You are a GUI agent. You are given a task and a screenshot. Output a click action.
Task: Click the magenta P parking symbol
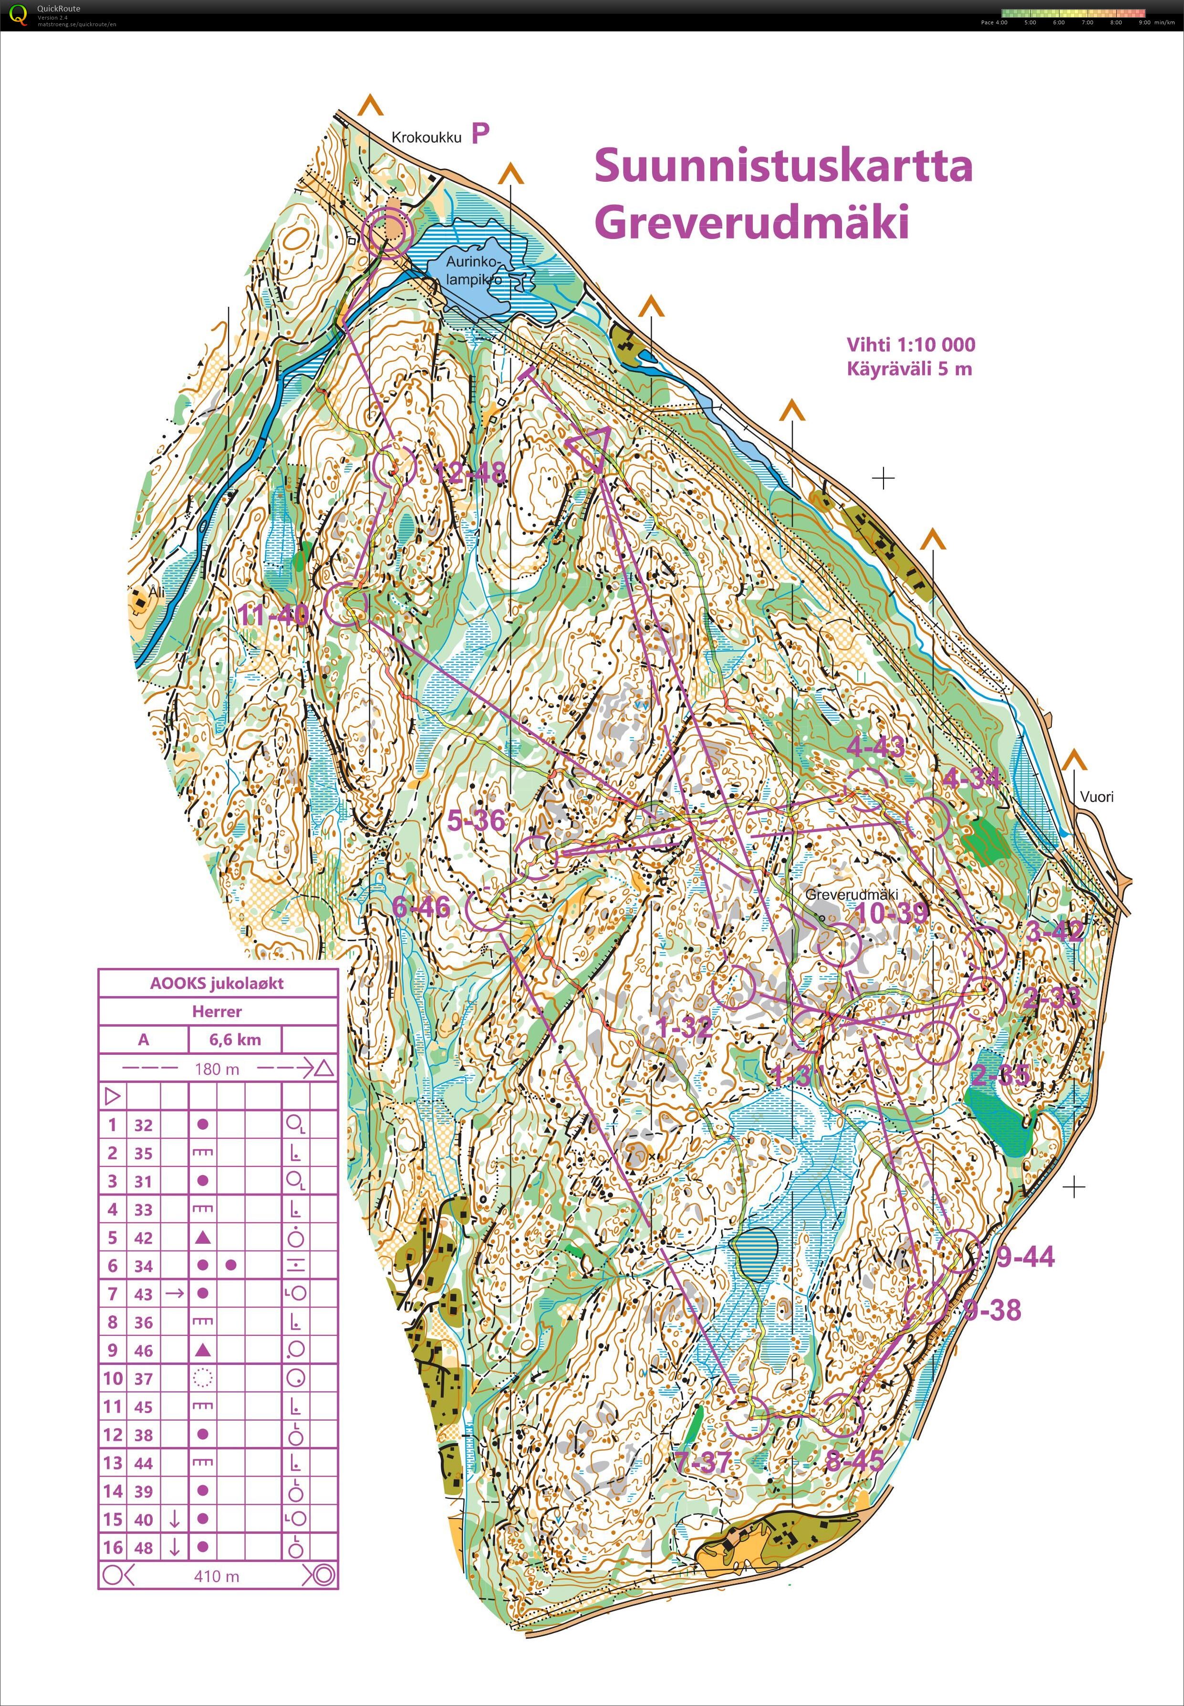tap(481, 134)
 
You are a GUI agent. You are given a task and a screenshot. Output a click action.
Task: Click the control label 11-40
tap(273, 614)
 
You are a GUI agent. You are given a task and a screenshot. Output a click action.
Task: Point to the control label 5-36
tap(476, 821)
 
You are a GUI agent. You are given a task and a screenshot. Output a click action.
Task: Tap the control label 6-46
tap(421, 906)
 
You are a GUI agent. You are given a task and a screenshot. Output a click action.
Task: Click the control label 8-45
tap(855, 1460)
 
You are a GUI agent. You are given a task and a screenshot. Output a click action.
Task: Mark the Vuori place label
tap(1096, 797)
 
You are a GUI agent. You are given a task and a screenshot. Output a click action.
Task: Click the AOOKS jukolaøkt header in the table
tap(218, 984)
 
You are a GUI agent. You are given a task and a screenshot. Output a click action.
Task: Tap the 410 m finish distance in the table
tap(217, 1576)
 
